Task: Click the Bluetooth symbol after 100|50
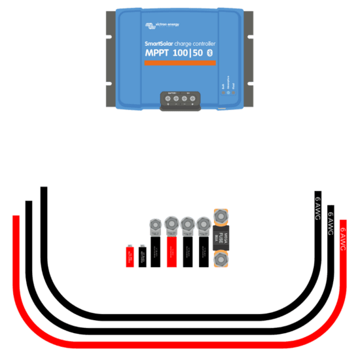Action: tap(209, 52)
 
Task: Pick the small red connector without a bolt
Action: tap(130, 257)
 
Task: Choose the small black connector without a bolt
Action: tap(142, 256)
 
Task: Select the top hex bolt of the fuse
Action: tap(220, 215)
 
